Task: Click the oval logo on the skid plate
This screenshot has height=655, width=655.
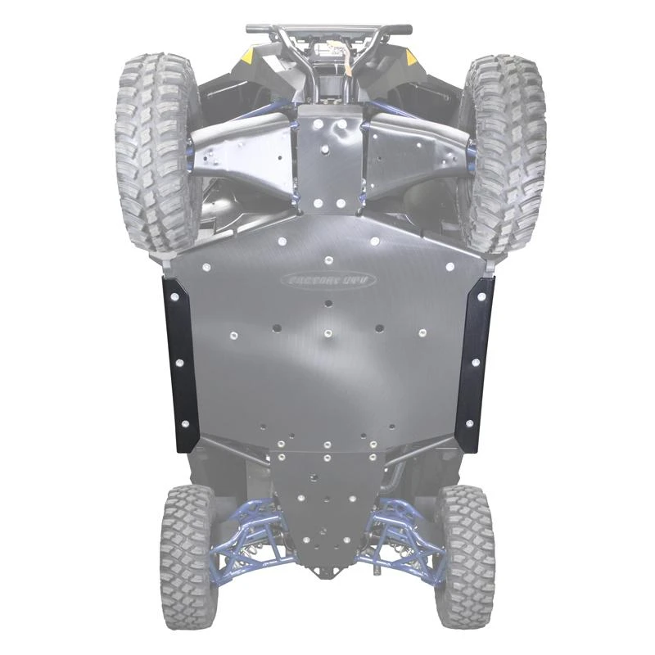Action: (325, 280)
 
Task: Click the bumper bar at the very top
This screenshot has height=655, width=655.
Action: (327, 29)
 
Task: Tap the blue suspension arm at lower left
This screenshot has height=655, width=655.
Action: (246, 532)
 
